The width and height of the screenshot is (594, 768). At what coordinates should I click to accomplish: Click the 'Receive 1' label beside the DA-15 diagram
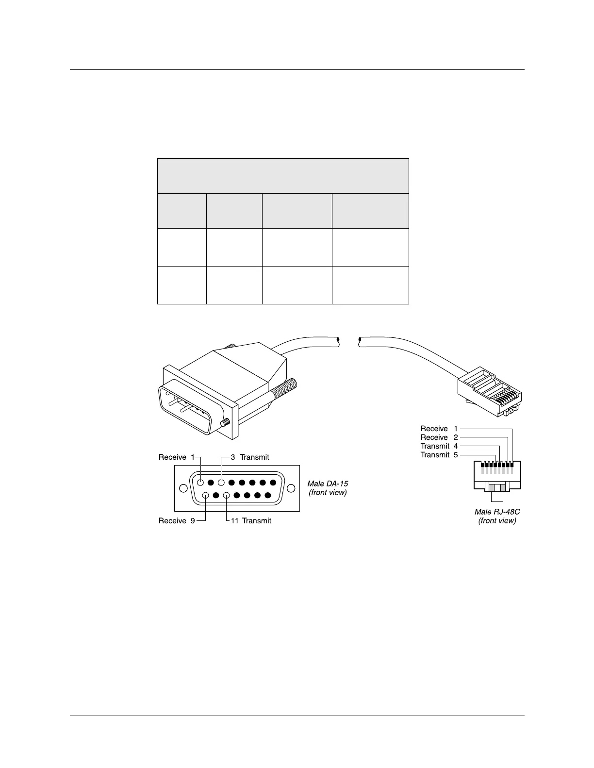[x=176, y=457]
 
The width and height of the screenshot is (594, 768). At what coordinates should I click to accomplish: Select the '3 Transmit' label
[x=249, y=457]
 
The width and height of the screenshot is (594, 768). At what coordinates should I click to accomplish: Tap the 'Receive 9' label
[x=177, y=521]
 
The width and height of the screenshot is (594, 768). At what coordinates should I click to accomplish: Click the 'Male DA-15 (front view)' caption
[x=328, y=488]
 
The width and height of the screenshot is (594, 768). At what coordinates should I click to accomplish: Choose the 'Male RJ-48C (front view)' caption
[x=497, y=516]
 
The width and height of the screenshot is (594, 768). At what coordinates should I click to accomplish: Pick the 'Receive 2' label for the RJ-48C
[x=439, y=437]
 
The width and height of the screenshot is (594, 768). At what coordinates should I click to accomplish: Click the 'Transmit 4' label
[x=439, y=446]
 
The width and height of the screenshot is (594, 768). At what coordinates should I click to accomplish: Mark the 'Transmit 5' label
[x=439, y=455]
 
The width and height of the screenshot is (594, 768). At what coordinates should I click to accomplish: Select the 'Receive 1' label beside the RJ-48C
[x=439, y=429]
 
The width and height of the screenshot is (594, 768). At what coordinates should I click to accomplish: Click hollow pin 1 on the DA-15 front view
[x=200, y=483]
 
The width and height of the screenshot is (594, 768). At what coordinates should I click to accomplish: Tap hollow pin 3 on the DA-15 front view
[x=221, y=483]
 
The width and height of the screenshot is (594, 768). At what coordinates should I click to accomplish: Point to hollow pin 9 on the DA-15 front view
[x=206, y=496]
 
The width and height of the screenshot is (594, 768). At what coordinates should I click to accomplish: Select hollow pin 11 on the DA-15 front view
[x=226, y=496]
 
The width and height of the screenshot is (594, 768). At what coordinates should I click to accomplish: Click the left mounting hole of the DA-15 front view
[x=183, y=488]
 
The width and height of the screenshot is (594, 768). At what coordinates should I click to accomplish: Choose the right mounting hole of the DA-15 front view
[x=291, y=488]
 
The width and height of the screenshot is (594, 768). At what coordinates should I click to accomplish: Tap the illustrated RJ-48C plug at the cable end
[x=490, y=392]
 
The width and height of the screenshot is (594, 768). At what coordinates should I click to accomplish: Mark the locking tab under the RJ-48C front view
[x=497, y=496]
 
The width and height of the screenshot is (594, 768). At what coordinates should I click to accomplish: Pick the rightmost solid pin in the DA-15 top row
[x=273, y=483]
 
